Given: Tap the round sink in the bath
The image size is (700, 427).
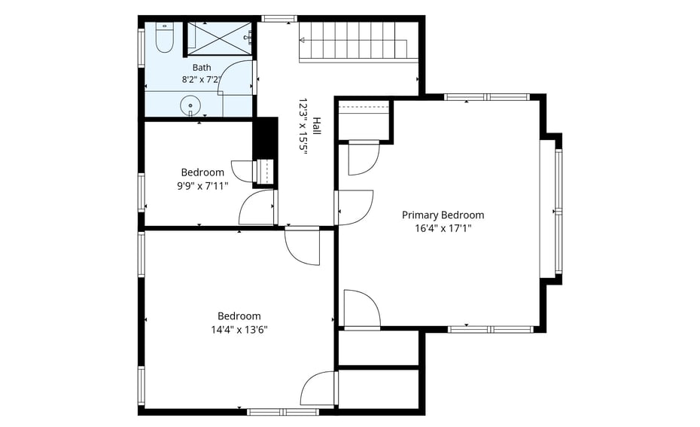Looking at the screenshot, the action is (190, 106).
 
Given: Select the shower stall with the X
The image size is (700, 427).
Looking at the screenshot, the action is (219, 38).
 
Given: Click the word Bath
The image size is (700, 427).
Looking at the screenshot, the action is (202, 68).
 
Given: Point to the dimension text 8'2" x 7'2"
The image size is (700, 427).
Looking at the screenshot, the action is (202, 80).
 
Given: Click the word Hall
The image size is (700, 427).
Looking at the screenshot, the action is (317, 126).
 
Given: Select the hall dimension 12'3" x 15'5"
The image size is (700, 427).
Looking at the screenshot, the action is (303, 126).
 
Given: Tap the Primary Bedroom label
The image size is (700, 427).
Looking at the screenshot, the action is (443, 215).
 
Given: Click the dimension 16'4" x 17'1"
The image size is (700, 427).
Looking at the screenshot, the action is (443, 229).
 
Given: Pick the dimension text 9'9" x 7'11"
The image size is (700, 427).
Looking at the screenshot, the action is (202, 186).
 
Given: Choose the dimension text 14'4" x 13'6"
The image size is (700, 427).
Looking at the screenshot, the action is (239, 330).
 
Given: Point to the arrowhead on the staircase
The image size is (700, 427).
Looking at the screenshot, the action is (303, 40).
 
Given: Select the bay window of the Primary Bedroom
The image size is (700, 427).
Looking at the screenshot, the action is (551, 209).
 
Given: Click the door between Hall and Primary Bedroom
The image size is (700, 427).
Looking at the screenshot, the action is (354, 208).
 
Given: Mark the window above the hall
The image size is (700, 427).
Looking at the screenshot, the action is (279, 19).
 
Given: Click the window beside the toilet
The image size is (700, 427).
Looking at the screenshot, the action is (141, 48).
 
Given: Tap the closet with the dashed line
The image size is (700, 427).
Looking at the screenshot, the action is (364, 120).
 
